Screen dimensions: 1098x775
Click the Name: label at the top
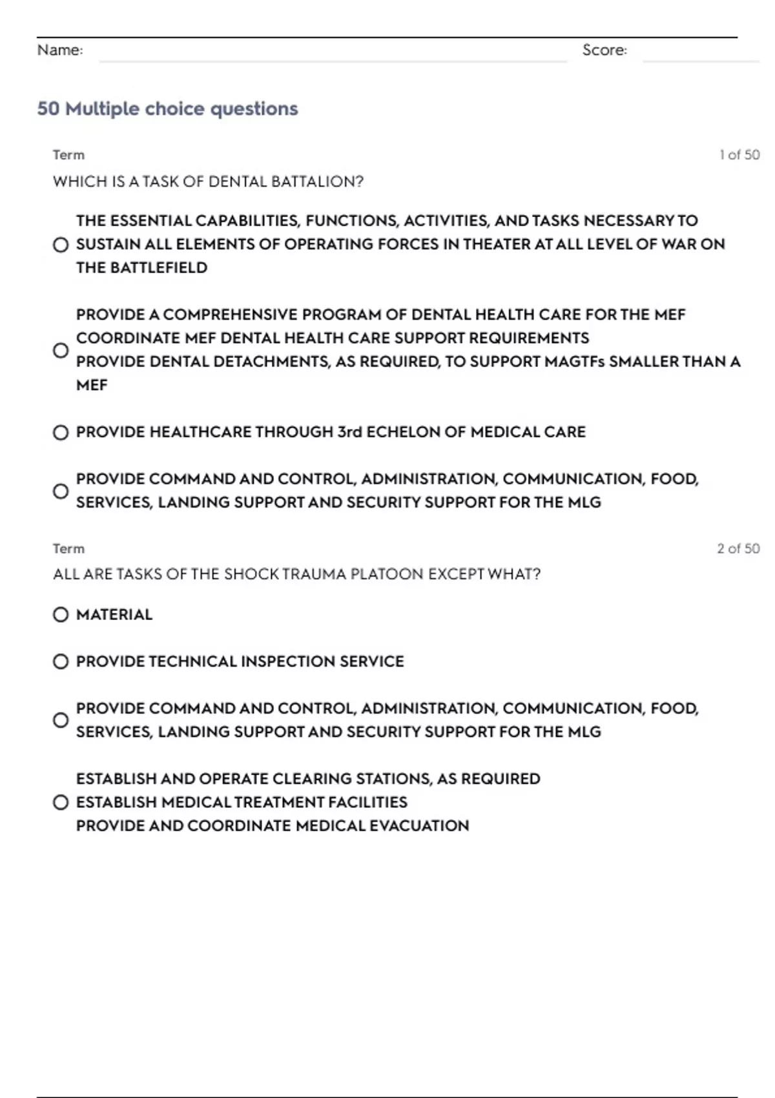(60, 50)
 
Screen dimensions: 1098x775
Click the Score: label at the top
(604, 50)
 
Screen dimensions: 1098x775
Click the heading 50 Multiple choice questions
(167, 109)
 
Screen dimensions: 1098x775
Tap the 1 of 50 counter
(739, 155)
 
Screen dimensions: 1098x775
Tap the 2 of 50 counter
(738, 548)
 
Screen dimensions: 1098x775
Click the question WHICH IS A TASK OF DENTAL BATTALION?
(208, 181)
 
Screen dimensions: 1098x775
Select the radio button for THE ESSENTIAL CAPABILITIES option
(61, 245)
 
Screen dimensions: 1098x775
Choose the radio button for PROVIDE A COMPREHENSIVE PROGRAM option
(61, 350)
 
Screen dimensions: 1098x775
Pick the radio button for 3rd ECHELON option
(61, 432)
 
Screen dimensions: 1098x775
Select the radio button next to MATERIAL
(61, 614)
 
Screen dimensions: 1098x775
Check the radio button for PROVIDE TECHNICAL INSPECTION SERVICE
(61, 661)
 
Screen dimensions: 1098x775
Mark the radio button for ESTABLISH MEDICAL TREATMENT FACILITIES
(61, 802)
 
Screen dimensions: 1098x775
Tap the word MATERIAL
(114, 614)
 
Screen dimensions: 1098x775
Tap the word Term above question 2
(68, 548)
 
